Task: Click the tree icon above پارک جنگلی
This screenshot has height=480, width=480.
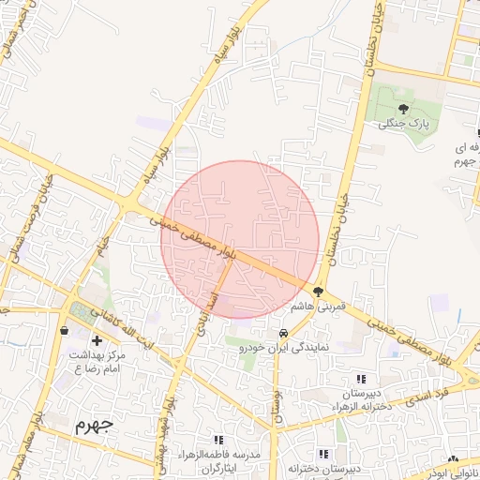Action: pos(404,110)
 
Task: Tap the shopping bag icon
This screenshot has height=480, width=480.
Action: pos(64,330)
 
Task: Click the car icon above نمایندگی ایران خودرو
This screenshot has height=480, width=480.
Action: pos(282,333)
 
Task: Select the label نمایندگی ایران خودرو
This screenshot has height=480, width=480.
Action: pos(282,347)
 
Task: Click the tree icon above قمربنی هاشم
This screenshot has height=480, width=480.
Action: pos(319,292)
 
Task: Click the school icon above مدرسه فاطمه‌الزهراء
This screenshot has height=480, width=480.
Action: pos(218,440)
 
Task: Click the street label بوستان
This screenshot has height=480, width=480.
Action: pos(277,408)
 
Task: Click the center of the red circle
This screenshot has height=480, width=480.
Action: pos(240,239)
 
